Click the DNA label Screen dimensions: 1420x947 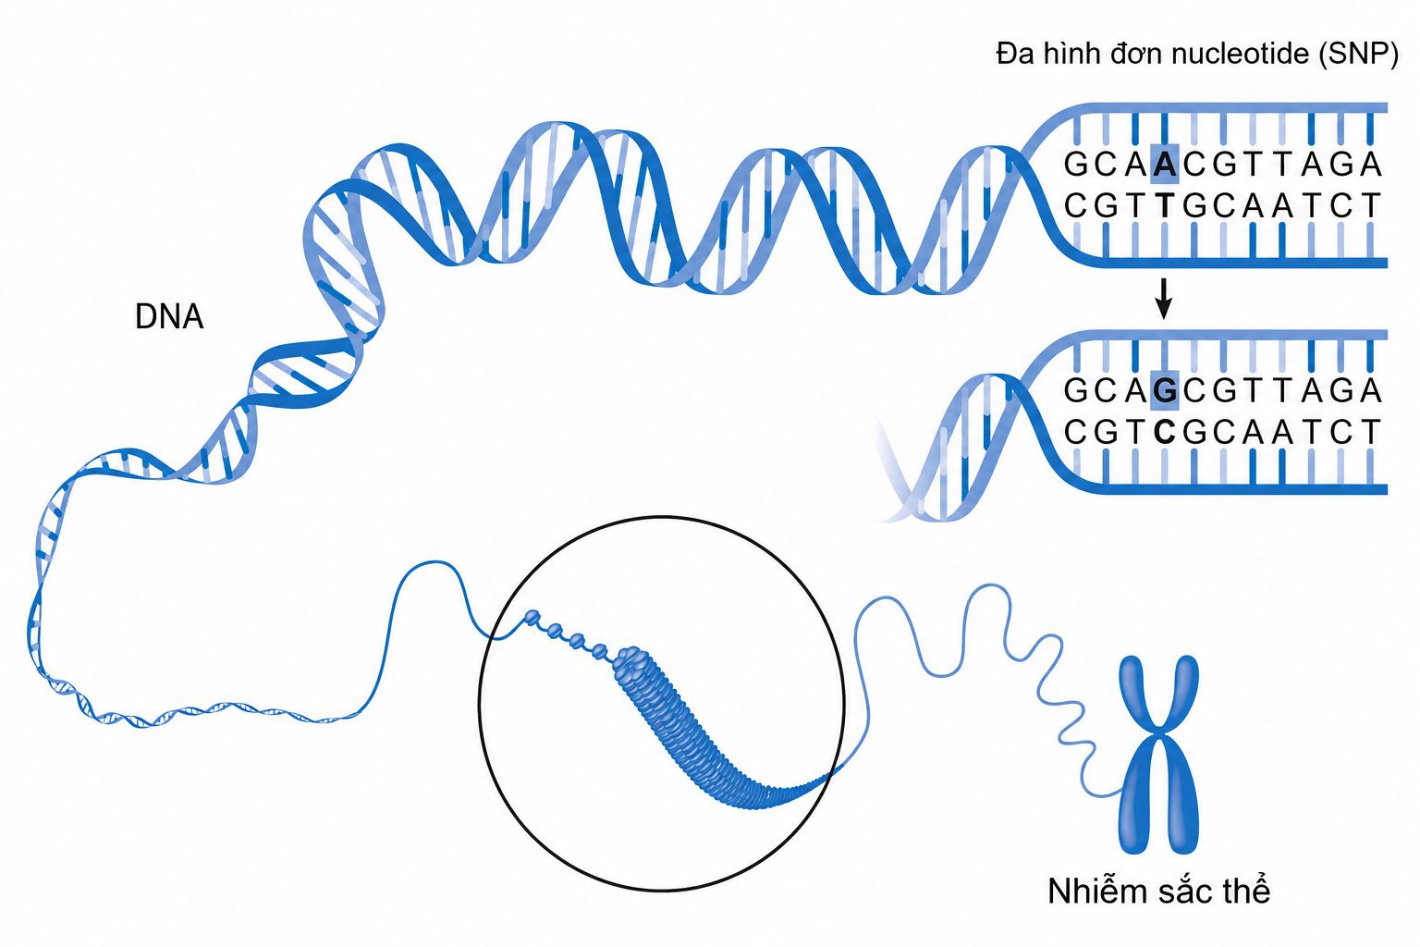pyautogui.click(x=169, y=316)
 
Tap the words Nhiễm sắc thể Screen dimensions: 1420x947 pyautogui.click(x=1158, y=892)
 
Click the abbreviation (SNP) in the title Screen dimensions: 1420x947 pyautogui.click(x=1358, y=54)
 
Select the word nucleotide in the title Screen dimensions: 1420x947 pyautogui.click(x=1240, y=54)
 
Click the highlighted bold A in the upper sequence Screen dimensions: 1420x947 pyautogui.click(x=1165, y=165)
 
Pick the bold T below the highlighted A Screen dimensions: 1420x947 pyautogui.click(x=1165, y=205)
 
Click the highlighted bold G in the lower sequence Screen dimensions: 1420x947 pyautogui.click(x=1165, y=390)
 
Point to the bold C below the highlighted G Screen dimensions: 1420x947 pyautogui.click(x=1165, y=432)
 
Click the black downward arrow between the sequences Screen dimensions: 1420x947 pyautogui.click(x=1163, y=299)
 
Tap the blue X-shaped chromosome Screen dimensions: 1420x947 pyautogui.click(x=1158, y=755)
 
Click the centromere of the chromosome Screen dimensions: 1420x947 pyautogui.click(x=1159, y=736)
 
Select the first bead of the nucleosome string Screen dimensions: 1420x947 pyautogui.click(x=532, y=616)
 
